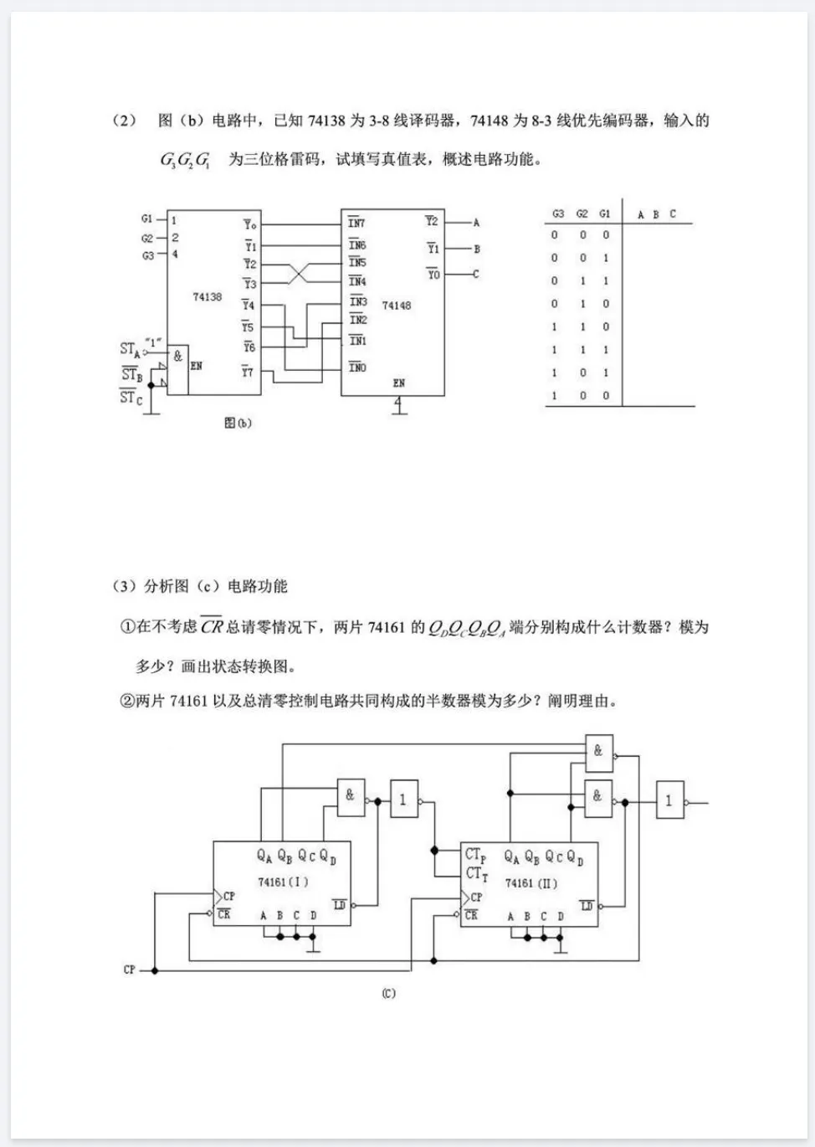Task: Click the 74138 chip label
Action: click(x=207, y=297)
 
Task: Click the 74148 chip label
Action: click(x=396, y=306)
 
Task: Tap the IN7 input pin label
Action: click(x=357, y=223)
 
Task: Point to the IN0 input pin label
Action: click(x=357, y=368)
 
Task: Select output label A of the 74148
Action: click(x=476, y=223)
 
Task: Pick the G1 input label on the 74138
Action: click(x=147, y=219)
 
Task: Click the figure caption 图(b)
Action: click(x=238, y=423)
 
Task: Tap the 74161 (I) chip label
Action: click(x=283, y=882)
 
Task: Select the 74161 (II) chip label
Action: click(x=531, y=883)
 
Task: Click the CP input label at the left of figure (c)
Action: click(x=130, y=970)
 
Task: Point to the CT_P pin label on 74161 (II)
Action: click(x=475, y=855)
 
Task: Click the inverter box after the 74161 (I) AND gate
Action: click(x=403, y=800)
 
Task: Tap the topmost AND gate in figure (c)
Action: click(x=598, y=752)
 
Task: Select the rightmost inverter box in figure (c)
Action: click(x=669, y=801)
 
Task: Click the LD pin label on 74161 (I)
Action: click(x=340, y=905)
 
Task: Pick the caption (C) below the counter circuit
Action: click(x=388, y=994)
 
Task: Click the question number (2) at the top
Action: click(x=124, y=121)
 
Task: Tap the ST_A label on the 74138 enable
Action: click(x=130, y=348)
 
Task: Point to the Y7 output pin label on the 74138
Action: click(x=248, y=371)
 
